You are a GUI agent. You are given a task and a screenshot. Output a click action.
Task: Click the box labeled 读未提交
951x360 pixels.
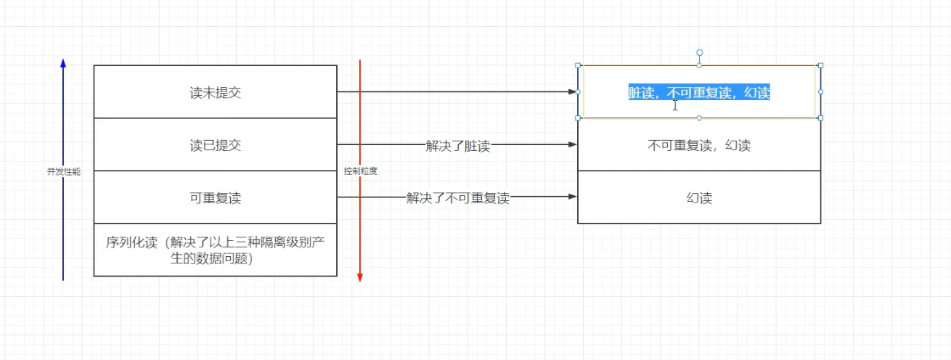coord(215,92)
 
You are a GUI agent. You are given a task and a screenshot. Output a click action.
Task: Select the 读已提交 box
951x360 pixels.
coord(215,145)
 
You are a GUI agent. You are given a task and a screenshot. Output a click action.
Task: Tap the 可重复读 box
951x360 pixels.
coord(215,197)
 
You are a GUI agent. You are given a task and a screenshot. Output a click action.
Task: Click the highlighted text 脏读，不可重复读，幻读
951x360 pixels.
coord(699,92)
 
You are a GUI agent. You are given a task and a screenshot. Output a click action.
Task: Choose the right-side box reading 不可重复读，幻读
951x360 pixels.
coord(699,145)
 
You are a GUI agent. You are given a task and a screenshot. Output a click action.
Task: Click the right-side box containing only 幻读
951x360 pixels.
coord(699,197)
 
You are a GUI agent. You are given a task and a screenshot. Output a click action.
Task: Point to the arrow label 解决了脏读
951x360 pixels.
coord(457,146)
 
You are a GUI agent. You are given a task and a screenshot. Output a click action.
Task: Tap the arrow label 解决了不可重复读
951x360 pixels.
coord(457,198)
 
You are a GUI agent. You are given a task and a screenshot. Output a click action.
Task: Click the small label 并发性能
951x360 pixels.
coord(64,172)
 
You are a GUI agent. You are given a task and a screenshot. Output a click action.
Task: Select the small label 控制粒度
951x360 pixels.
coord(361,172)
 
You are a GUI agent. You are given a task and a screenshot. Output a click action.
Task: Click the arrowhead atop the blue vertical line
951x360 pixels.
coord(63,64)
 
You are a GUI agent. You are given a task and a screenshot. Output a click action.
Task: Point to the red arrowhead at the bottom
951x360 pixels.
coord(360,277)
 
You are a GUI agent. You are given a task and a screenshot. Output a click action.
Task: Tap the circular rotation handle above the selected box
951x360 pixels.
coord(700,52)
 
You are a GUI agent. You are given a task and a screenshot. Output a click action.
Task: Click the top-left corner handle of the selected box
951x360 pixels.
coord(579,65)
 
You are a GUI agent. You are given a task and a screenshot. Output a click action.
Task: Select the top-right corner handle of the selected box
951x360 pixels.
coord(820,65)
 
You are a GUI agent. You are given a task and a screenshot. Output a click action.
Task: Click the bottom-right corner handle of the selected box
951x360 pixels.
coord(820,118)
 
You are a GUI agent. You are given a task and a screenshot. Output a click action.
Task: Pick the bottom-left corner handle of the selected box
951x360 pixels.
coord(579,118)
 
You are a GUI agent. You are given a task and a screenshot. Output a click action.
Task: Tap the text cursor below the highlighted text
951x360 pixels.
coord(675,105)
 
